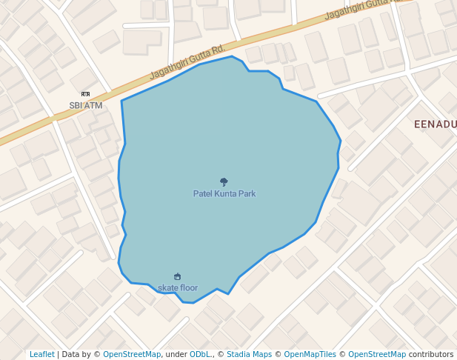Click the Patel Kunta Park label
(224, 193)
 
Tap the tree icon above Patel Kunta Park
(224, 181)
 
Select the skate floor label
(178, 287)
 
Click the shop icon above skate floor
(177, 277)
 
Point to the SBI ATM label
(86, 105)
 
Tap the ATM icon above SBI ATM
(85, 95)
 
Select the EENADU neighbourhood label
(435, 124)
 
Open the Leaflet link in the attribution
(41, 354)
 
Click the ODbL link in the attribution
(200, 354)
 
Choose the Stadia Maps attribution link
(249, 354)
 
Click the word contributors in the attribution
(431, 354)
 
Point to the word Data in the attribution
(70, 354)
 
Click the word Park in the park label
(247, 193)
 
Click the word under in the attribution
(176, 354)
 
